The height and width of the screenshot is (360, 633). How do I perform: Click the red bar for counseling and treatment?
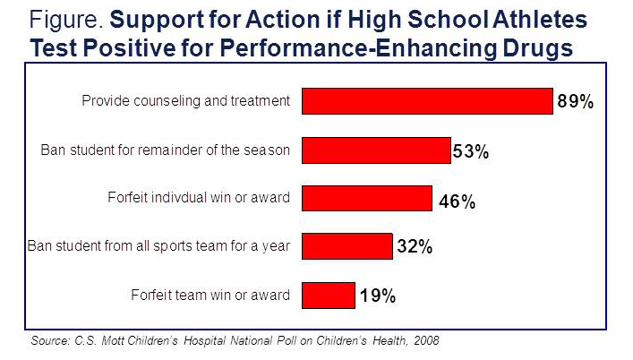426,101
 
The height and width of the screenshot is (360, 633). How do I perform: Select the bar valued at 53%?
376,150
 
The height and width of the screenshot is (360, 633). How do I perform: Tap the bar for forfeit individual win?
367,198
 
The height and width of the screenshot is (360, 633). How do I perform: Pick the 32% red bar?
347,245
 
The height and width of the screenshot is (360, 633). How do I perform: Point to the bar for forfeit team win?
329,294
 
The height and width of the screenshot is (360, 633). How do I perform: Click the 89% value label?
576,102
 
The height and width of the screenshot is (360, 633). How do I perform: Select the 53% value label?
470,151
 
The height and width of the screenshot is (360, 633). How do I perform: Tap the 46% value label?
456,201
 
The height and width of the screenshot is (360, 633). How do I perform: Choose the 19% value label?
377,296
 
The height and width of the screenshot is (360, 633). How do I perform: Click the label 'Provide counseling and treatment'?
186,101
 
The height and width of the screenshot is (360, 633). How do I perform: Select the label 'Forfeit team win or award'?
210,295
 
